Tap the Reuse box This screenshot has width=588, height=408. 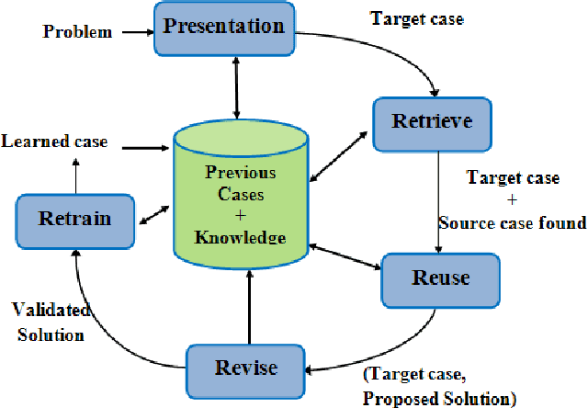pyautogui.click(x=440, y=278)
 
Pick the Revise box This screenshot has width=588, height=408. pyautogui.click(x=245, y=368)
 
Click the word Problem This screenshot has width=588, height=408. pyautogui.click(x=77, y=32)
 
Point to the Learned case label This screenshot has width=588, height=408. pyautogui.click(x=54, y=142)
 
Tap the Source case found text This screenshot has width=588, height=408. pyautogui.click(x=512, y=222)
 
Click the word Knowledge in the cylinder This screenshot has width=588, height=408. pyautogui.click(x=241, y=237)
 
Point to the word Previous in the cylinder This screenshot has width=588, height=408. pyautogui.click(x=241, y=172)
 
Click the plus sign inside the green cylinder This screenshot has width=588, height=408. pyautogui.click(x=241, y=215)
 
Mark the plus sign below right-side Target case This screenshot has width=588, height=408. pyautogui.click(x=511, y=199)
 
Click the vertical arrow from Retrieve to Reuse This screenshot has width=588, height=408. pyautogui.click(x=438, y=202)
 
